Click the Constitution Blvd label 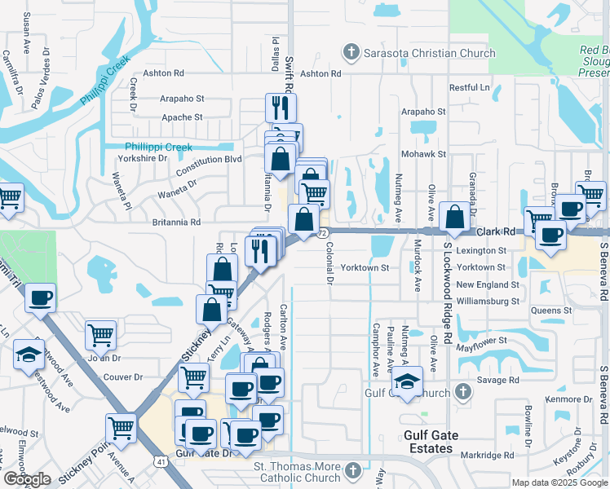click(x=210, y=160)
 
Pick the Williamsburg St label click(x=488, y=302)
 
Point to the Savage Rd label click(x=502, y=380)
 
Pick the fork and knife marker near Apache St click(x=281, y=107)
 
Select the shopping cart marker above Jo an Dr click(x=100, y=333)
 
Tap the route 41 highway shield click(x=161, y=462)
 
